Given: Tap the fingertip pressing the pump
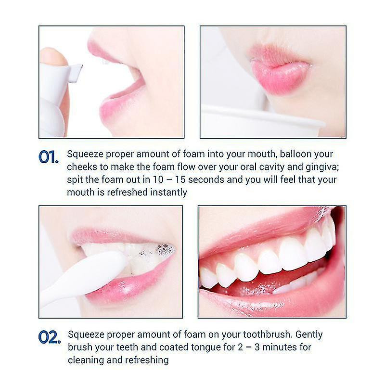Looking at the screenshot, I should [53, 56].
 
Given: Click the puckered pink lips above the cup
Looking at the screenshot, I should [279, 70].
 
